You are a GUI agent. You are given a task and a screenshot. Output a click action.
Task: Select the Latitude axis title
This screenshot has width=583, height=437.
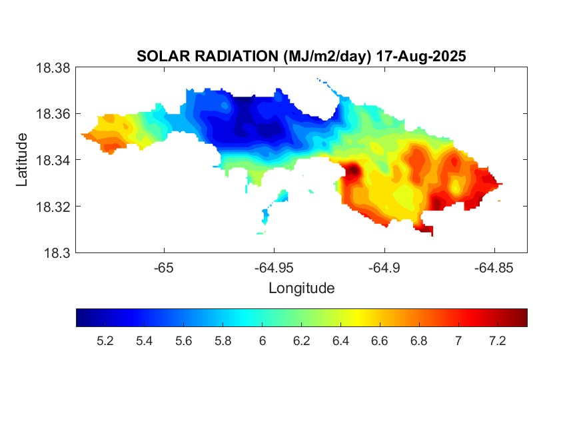point(22,160)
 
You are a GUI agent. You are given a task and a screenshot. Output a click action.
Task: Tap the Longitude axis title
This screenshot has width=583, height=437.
point(301,288)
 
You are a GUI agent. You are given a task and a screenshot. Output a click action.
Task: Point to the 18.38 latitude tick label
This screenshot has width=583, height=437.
point(52,68)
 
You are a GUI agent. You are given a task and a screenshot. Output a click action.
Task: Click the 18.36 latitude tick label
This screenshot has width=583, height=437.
point(52,114)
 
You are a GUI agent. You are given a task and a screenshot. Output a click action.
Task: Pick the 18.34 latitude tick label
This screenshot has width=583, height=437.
point(52,160)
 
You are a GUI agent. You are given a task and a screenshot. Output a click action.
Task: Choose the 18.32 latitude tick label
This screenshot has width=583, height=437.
point(52,207)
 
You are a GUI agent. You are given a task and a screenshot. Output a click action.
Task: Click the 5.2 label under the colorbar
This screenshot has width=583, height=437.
point(105,341)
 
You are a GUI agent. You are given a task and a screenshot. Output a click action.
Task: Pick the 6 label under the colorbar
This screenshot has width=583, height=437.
point(263,341)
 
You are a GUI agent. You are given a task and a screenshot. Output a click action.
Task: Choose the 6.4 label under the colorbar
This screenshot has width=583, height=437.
point(341,341)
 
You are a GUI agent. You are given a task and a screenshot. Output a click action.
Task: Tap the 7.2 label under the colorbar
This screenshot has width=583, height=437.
point(498,341)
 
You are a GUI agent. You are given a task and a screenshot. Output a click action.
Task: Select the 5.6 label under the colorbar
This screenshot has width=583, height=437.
point(184,341)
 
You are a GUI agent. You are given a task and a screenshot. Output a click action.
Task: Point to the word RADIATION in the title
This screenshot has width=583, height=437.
point(227,57)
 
